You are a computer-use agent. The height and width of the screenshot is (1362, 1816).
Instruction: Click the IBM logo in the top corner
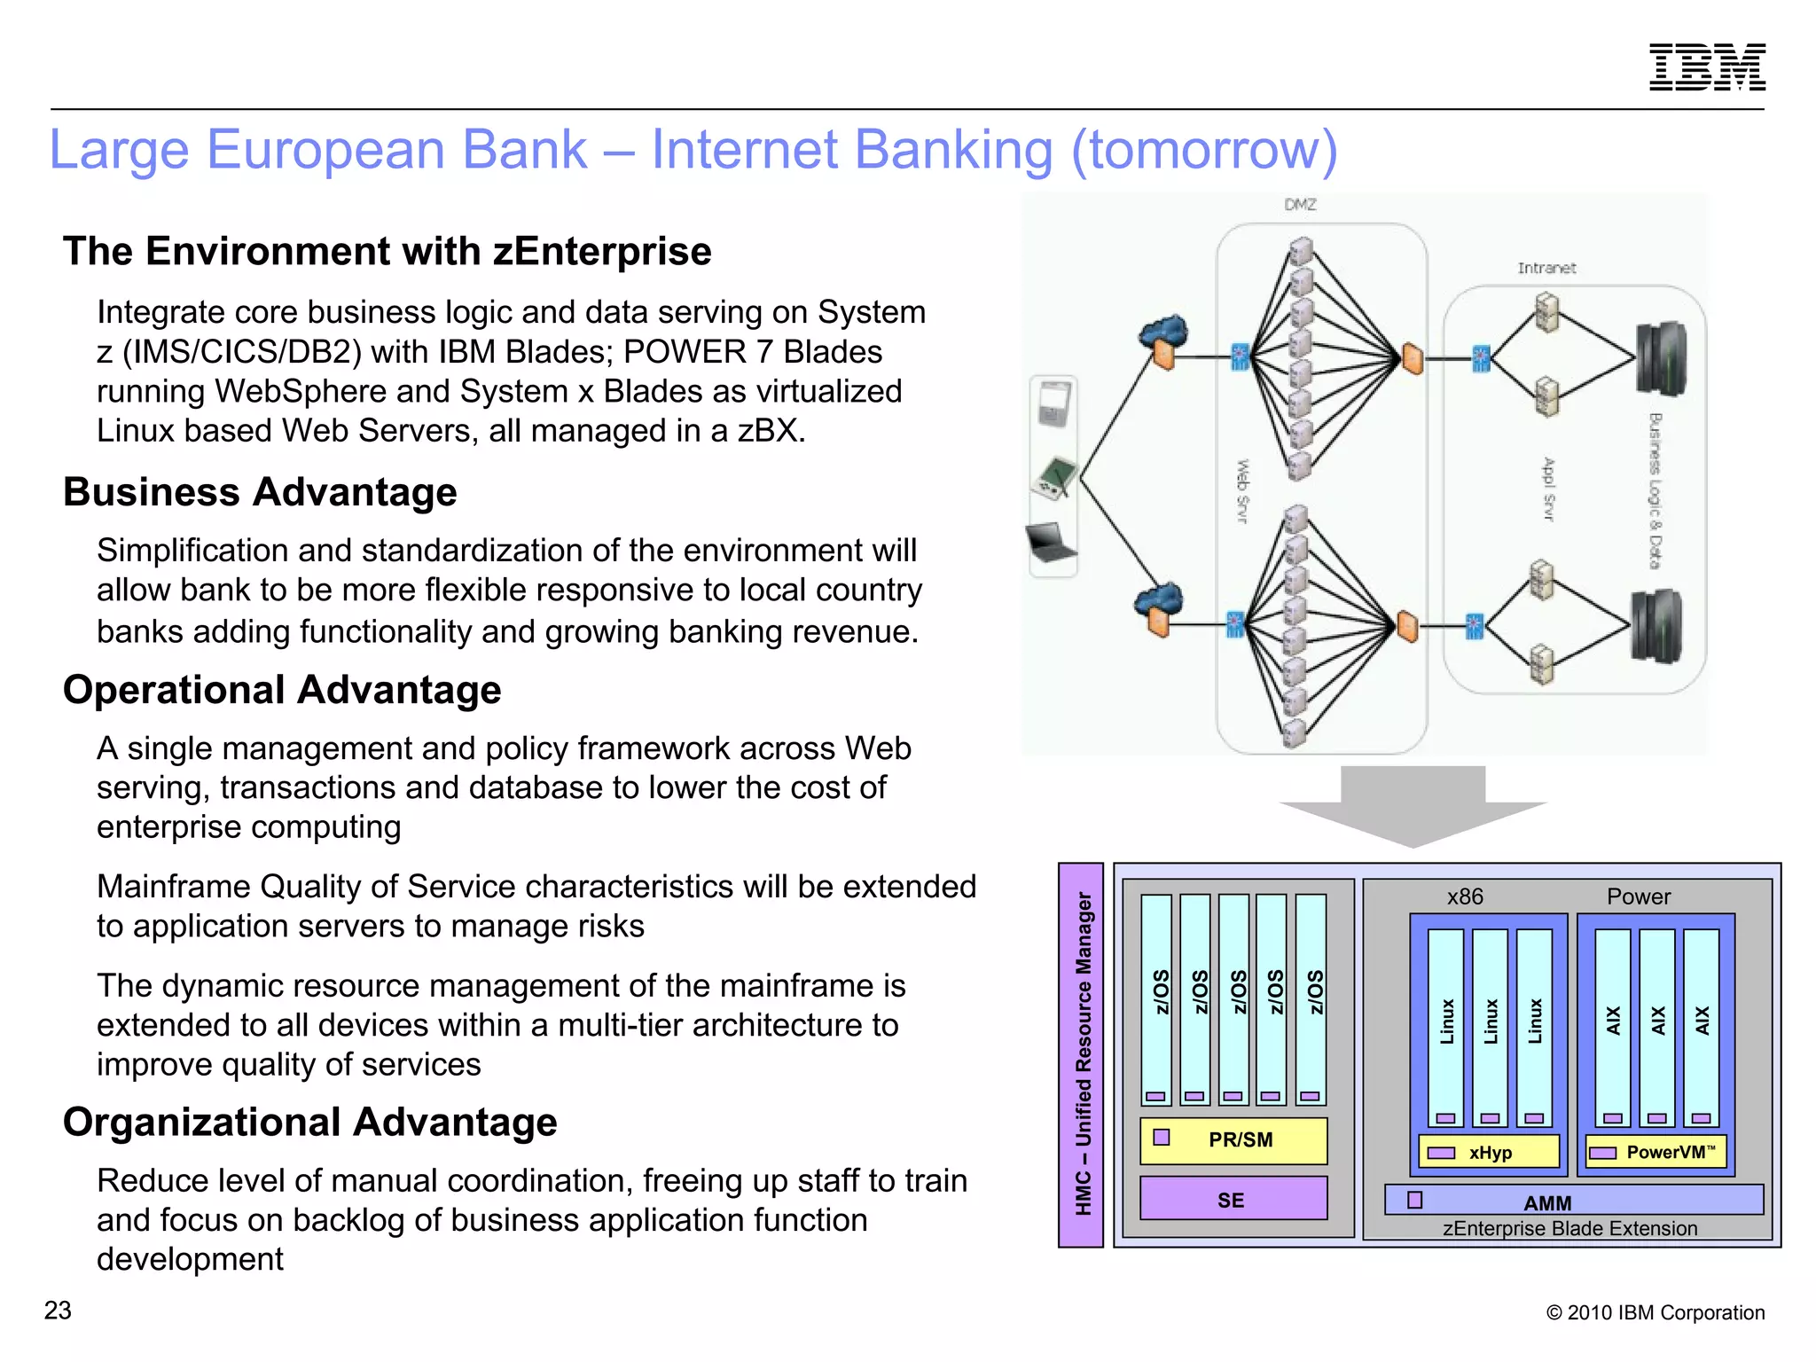point(1707,67)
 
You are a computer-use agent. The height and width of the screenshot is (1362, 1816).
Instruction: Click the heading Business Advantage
point(260,492)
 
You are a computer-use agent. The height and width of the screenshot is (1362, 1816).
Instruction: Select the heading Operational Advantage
point(282,690)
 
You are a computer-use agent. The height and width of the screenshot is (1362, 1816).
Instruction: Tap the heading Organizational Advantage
point(309,1122)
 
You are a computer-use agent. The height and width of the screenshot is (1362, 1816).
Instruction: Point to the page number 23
point(58,1310)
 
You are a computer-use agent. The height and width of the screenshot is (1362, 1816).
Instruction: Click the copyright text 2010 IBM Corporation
point(1655,1312)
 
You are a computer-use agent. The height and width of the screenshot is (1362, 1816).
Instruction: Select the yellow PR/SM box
point(1233,1139)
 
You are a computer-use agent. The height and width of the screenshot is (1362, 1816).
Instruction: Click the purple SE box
point(1233,1200)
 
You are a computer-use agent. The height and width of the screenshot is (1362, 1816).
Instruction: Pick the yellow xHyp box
point(1489,1152)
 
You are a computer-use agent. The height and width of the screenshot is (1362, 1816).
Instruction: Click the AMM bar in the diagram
point(1574,1202)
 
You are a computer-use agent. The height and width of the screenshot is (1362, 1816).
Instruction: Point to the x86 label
point(1465,896)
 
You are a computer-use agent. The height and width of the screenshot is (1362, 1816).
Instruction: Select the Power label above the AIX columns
point(1638,896)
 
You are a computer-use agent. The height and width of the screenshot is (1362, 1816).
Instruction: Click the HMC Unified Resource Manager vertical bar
point(1082,1054)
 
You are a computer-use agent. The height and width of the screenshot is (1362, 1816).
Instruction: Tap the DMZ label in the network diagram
point(1300,205)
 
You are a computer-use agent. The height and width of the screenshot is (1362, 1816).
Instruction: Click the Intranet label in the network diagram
point(1546,268)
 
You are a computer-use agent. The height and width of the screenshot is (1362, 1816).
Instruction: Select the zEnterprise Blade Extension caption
point(1569,1228)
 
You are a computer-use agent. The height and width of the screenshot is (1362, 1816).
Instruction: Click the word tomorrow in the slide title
point(1204,149)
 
